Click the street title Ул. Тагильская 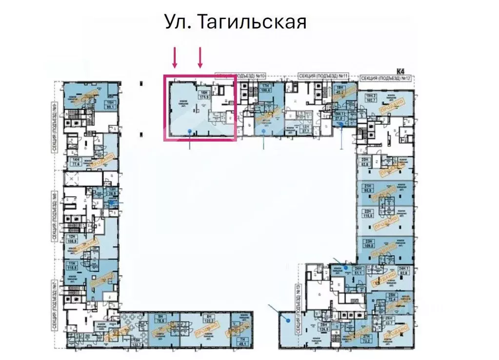(x=235, y=22)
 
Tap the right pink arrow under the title (x=200, y=58)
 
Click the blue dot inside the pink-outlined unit (x=189, y=130)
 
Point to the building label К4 (x=401, y=71)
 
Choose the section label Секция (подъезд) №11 (x=323, y=77)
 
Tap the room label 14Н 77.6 (x=76, y=162)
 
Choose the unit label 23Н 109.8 (x=367, y=243)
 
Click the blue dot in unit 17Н (x=263, y=131)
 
